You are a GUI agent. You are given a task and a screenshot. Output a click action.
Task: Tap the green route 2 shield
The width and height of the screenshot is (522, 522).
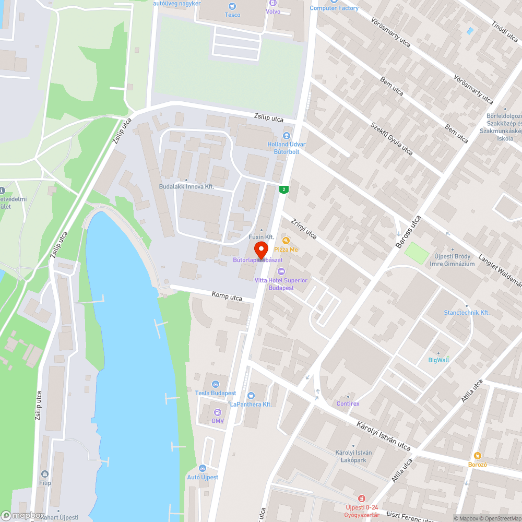tap(283, 189)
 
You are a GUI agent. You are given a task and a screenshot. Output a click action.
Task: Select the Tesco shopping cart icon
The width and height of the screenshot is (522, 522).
tap(232, 6)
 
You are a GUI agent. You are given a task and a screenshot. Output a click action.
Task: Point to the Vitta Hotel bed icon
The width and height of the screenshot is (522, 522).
tap(281, 271)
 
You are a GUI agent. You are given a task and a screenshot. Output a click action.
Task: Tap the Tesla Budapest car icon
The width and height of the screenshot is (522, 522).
tap(215, 385)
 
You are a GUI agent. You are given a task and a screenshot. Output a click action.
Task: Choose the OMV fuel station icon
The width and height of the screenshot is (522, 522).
tap(217, 412)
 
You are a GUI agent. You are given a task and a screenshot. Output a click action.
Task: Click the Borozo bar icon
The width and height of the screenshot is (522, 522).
tap(477, 456)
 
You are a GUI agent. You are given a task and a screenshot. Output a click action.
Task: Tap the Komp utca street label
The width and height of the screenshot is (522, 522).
tap(227, 296)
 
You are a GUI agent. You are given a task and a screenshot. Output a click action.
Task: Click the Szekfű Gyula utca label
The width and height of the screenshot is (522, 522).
tap(391, 138)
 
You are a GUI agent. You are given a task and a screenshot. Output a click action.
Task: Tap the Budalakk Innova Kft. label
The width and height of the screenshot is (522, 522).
tap(186, 186)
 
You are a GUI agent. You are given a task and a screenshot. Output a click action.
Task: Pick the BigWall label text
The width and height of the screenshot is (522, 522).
tap(438, 360)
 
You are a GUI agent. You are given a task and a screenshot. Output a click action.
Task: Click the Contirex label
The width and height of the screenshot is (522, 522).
tap(348, 404)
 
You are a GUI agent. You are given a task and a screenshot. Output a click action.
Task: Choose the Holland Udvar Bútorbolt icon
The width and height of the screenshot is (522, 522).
tap(287, 136)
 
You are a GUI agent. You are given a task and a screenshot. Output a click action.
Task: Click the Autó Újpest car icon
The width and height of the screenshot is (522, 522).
tap(203, 468)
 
